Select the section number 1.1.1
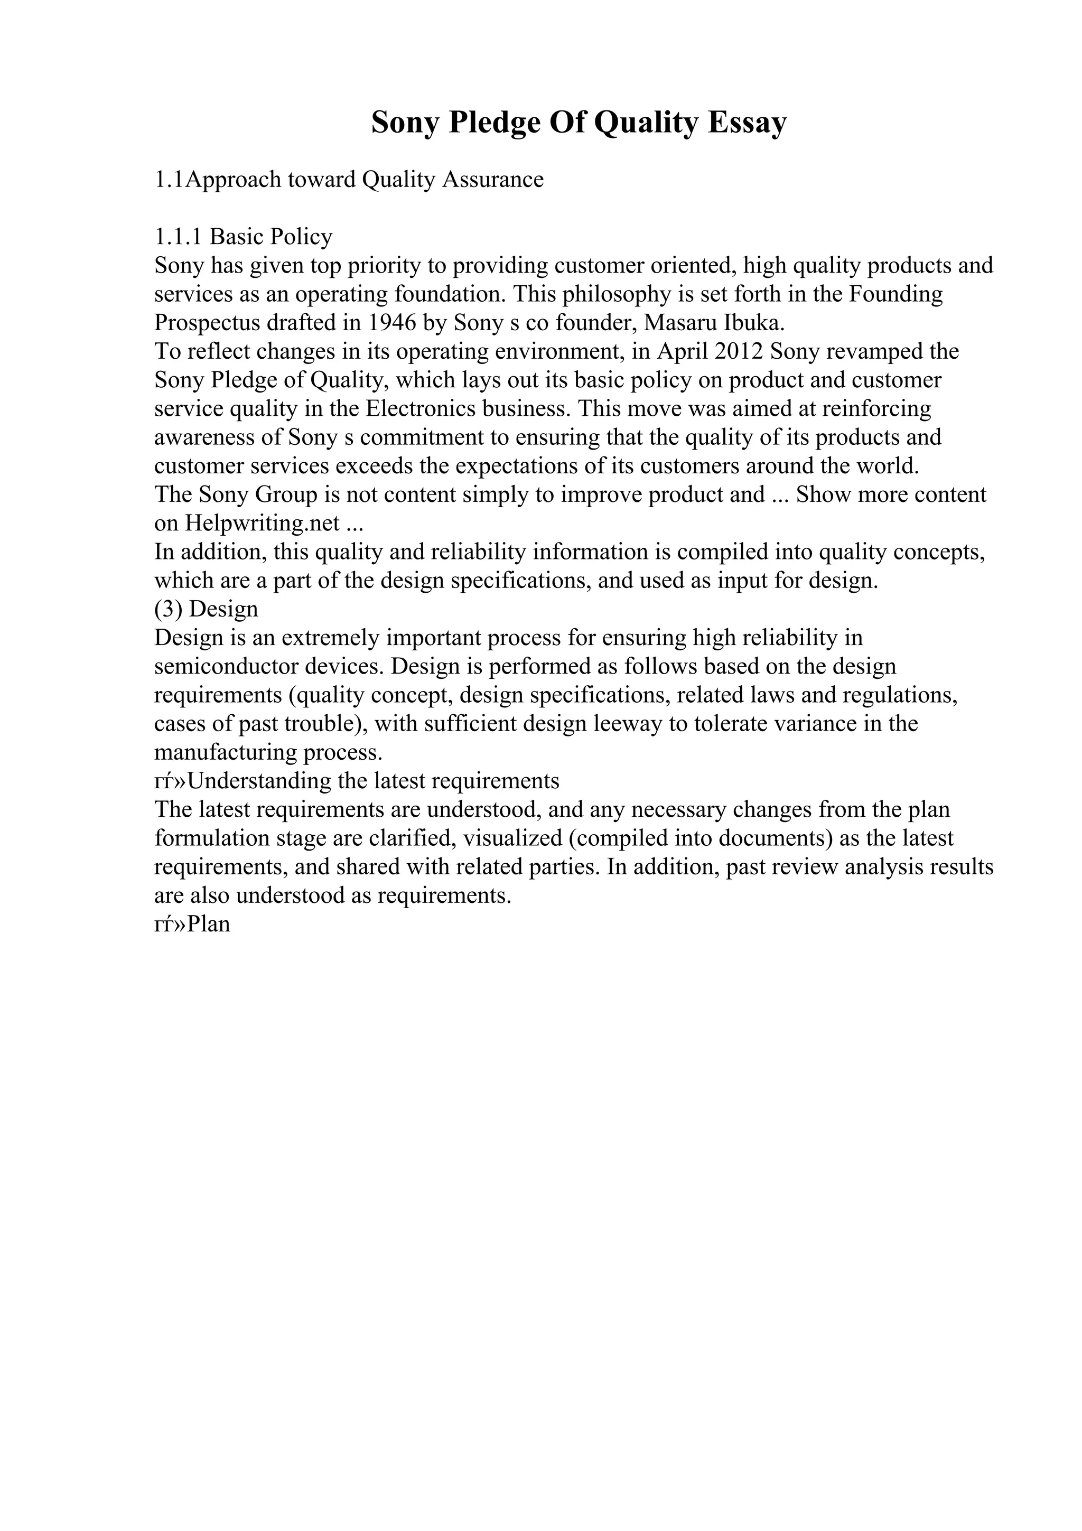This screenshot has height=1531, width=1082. pos(178,237)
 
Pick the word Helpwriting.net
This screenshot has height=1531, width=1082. pos(262,524)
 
